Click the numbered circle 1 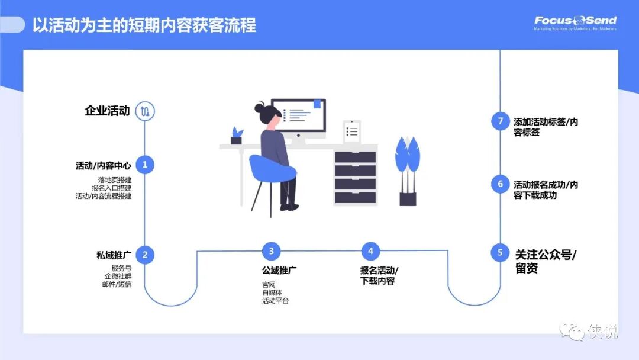(x=145, y=165)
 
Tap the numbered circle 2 (x=145, y=255)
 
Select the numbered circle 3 (x=271, y=251)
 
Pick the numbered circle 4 (x=370, y=251)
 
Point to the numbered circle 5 (x=500, y=253)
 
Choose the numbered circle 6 (x=500, y=184)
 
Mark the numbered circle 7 (x=500, y=121)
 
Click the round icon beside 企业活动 (x=145, y=111)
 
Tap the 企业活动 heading (x=107, y=111)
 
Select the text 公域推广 (x=279, y=271)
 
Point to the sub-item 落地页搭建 (x=115, y=180)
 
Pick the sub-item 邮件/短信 (x=117, y=284)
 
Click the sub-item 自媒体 (x=272, y=292)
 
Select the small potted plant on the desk (x=237, y=136)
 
